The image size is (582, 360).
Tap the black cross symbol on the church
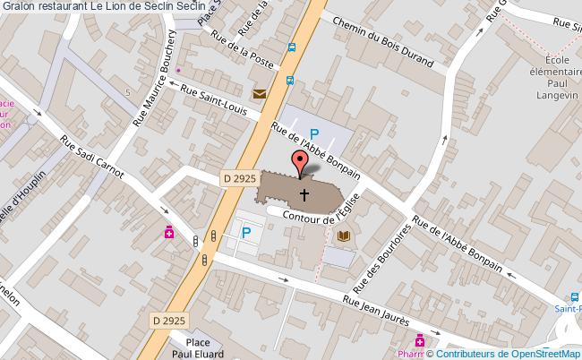point(304,193)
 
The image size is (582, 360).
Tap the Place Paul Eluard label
point(203,347)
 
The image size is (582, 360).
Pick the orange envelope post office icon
point(260,94)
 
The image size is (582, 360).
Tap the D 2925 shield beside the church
point(239,180)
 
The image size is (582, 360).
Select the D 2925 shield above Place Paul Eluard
point(167,320)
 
